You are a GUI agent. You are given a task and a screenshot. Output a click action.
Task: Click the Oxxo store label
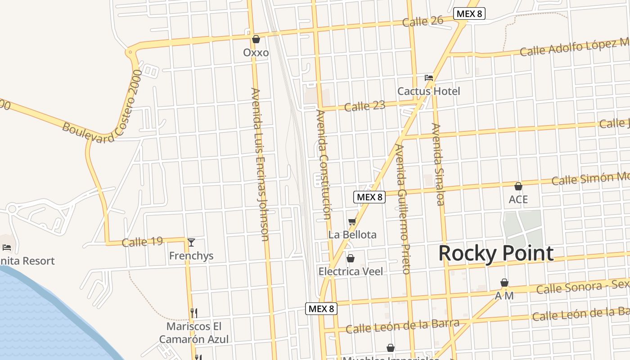tap(256, 53)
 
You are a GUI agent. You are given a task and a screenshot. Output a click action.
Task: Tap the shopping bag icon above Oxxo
tap(256, 39)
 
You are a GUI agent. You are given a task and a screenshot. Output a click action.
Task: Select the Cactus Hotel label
tap(428, 91)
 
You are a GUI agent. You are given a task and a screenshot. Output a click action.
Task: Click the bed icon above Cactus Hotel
tap(429, 78)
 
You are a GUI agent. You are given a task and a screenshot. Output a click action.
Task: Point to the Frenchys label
tap(191, 256)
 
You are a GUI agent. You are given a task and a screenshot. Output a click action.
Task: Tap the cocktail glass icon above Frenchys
tap(191, 243)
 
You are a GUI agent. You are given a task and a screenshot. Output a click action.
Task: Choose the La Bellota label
tap(352, 234)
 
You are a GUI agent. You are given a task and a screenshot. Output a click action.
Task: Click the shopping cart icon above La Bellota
tap(352, 221)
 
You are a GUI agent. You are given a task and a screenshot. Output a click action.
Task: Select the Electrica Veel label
tap(351, 271)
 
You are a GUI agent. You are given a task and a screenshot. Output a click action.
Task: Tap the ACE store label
tap(518, 199)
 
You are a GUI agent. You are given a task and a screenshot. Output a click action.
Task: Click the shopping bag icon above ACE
tap(518, 186)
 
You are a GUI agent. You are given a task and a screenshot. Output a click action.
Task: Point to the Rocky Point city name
tap(496, 253)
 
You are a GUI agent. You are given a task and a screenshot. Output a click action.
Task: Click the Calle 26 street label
tap(423, 21)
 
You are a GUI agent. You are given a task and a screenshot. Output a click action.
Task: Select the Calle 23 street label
tap(364, 107)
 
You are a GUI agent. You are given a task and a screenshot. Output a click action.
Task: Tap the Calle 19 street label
tap(142, 242)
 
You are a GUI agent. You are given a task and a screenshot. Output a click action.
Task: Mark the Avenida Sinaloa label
tap(438, 164)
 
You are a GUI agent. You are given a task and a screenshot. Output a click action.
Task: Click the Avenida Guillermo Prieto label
tap(403, 209)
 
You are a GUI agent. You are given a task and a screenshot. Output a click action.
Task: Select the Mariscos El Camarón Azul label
tap(194, 333)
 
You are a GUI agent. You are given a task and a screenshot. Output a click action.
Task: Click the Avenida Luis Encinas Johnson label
tap(260, 164)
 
